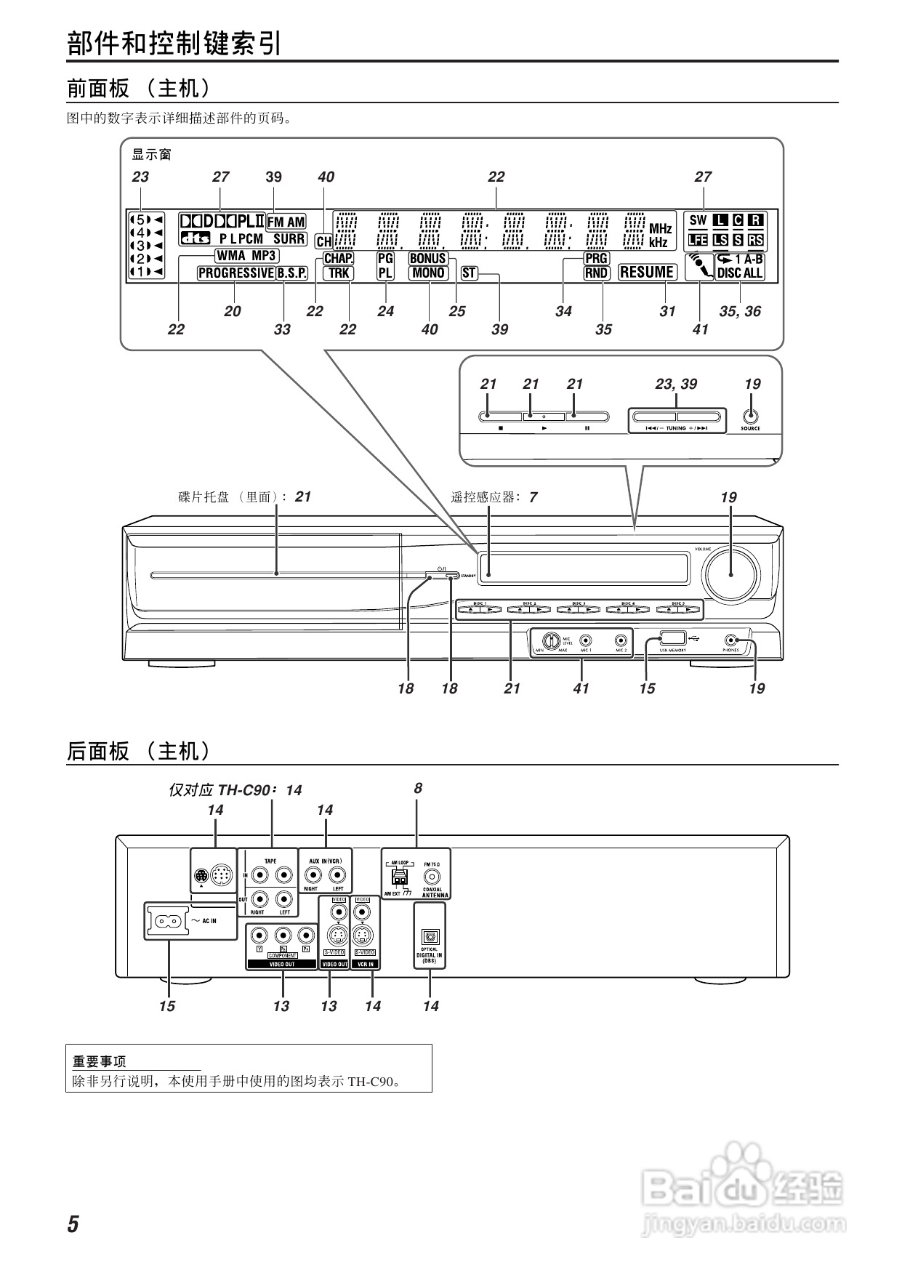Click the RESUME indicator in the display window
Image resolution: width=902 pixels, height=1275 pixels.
pos(647,273)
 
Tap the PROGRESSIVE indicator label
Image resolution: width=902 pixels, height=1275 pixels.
pos(235,273)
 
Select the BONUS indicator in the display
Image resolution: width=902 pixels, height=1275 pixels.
pos(428,258)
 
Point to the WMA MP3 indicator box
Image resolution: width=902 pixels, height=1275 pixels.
pos(246,256)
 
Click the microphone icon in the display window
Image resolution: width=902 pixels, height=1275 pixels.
pos(699,265)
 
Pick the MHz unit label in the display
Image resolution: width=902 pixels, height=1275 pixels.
pos(660,229)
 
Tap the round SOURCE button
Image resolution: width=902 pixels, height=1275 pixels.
pos(750,417)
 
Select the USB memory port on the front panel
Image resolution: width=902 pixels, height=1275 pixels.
pos(672,639)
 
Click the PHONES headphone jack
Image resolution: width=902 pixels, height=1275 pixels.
pos(730,640)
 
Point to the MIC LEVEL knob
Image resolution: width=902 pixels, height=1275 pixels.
pos(550,640)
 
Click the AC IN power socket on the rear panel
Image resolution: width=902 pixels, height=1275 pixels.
pos(167,921)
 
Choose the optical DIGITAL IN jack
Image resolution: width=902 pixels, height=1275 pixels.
pos(429,936)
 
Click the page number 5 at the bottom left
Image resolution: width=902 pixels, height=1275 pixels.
pos(73,1224)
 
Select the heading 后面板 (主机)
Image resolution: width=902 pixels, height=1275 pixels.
pos(138,751)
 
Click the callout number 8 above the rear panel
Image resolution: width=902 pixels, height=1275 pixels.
pos(418,788)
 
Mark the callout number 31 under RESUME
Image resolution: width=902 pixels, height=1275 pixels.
pos(667,311)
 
